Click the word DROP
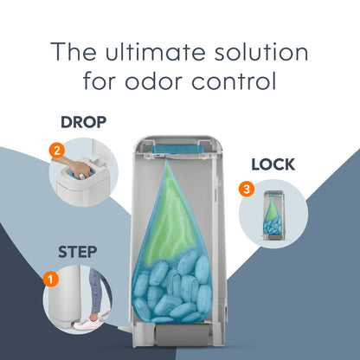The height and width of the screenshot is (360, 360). coord(83,122)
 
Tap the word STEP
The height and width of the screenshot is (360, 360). coord(77,252)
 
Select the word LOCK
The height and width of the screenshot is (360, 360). coord(273,164)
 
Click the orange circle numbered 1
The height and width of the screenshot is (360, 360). coord(51,280)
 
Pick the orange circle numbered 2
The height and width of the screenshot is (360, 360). coord(56,151)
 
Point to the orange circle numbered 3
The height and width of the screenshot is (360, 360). coord(247,190)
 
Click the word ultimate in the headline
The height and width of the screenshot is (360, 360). coord(156,52)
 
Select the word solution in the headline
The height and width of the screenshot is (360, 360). coord(261,52)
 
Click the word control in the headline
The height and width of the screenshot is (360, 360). coord(234,81)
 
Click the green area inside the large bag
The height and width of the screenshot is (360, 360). coord(170,219)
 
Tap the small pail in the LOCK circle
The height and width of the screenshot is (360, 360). coord(273,215)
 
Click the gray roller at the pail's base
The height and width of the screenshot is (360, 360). coord(182,335)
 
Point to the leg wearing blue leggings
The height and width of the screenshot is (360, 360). coord(96,292)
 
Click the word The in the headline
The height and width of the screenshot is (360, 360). coord(74,51)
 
